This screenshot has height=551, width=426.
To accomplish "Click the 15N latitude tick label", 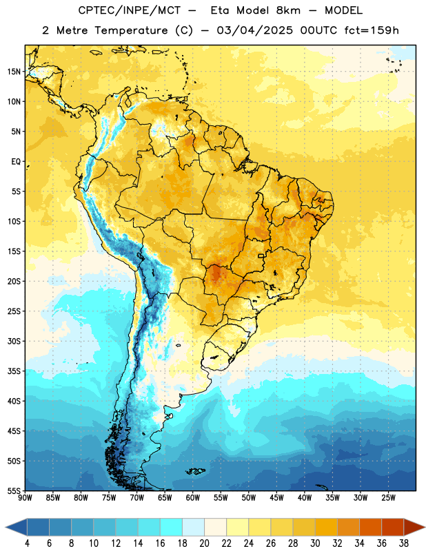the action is [14, 72].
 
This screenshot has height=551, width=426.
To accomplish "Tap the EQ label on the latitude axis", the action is [16, 162].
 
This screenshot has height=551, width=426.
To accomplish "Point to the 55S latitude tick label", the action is [14, 491].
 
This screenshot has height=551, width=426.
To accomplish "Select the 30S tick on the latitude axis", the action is [14, 341].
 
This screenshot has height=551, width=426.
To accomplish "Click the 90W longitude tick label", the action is [25, 498].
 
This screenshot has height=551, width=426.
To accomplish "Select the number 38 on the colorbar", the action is [404, 543].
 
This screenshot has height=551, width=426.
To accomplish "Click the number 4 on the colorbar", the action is [27, 543].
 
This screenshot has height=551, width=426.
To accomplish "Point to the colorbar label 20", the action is [204, 543].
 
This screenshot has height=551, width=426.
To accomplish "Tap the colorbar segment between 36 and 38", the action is [393, 528].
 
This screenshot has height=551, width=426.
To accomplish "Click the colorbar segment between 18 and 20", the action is [193, 528].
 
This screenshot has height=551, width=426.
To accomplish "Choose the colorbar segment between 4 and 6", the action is [38, 528].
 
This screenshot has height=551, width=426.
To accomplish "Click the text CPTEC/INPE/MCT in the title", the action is [129, 10].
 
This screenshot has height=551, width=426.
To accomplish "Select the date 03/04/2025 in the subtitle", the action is [254, 30].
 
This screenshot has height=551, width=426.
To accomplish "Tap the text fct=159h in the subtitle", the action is [372, 30].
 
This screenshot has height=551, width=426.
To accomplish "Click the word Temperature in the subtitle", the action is [132, 30].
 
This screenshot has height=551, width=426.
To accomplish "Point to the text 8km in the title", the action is [288, 10].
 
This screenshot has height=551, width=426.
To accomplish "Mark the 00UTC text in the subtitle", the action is [318, 30].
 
